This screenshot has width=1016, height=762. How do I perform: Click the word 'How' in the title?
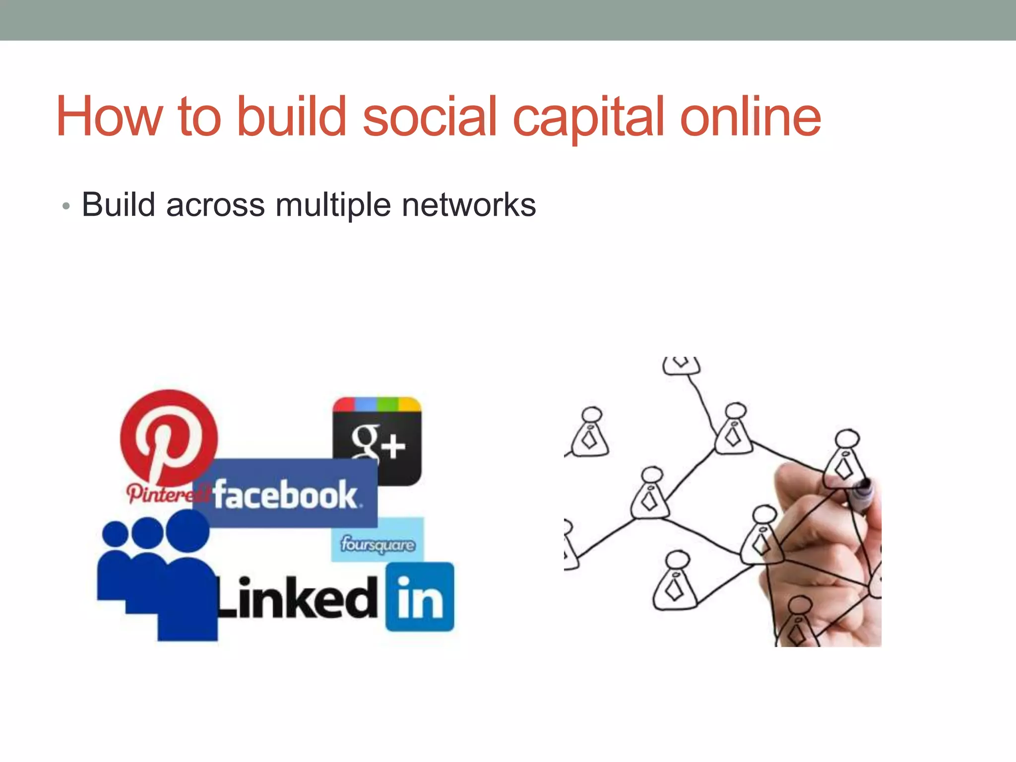tap(109, 117)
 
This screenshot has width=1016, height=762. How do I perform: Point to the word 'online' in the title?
tap(750, 117)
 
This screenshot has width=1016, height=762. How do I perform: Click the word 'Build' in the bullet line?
tap(119, 204)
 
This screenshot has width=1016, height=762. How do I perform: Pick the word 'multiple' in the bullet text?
tap(333, 205)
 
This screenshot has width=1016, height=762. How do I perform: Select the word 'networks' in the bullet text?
tap(469, 204)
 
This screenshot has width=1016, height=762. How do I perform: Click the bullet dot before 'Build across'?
tap(65, 206)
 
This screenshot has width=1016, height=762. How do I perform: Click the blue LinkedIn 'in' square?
tap(420, 597)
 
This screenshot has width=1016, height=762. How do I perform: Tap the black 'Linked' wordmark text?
tap(298, 598)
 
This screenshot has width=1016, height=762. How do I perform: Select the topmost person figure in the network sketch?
tap(681, 365)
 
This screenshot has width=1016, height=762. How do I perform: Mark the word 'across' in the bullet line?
tap(215, 204)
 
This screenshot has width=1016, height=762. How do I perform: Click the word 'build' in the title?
tap(291, 117)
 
